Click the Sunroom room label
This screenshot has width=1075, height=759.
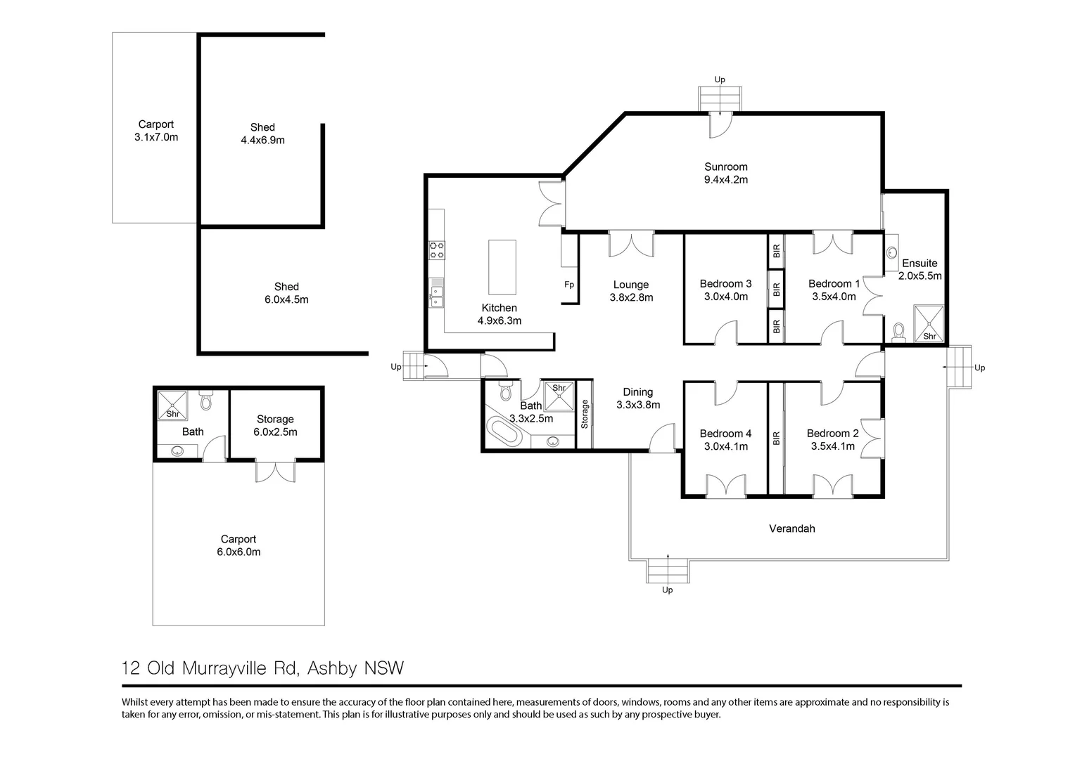pos(725,167)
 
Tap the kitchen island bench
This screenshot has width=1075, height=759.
pos(502,267)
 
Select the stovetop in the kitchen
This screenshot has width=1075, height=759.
pos(437,250)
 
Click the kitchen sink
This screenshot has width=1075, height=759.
pos(438,293)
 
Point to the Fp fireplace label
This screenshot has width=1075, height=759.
pos(569,285)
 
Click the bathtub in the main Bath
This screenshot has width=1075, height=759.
pos(503,432)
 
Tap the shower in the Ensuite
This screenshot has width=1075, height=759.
pos(929,323)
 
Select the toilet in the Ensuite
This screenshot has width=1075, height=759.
pos(898,331)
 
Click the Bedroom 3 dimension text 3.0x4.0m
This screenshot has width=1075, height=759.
pos(725,297)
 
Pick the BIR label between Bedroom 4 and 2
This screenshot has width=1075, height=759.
pos(776,438)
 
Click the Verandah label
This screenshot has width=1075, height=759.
pos(791,528)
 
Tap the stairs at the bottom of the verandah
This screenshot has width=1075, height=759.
pos(667,569)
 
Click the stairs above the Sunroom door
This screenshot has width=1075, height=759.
pos(720,98)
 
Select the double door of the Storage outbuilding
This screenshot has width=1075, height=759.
pos(274,471)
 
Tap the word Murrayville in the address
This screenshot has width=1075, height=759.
pos(226,668)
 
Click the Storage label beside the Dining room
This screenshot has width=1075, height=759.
pos(585,414)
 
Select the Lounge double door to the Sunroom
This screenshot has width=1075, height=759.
pos(631,245)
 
